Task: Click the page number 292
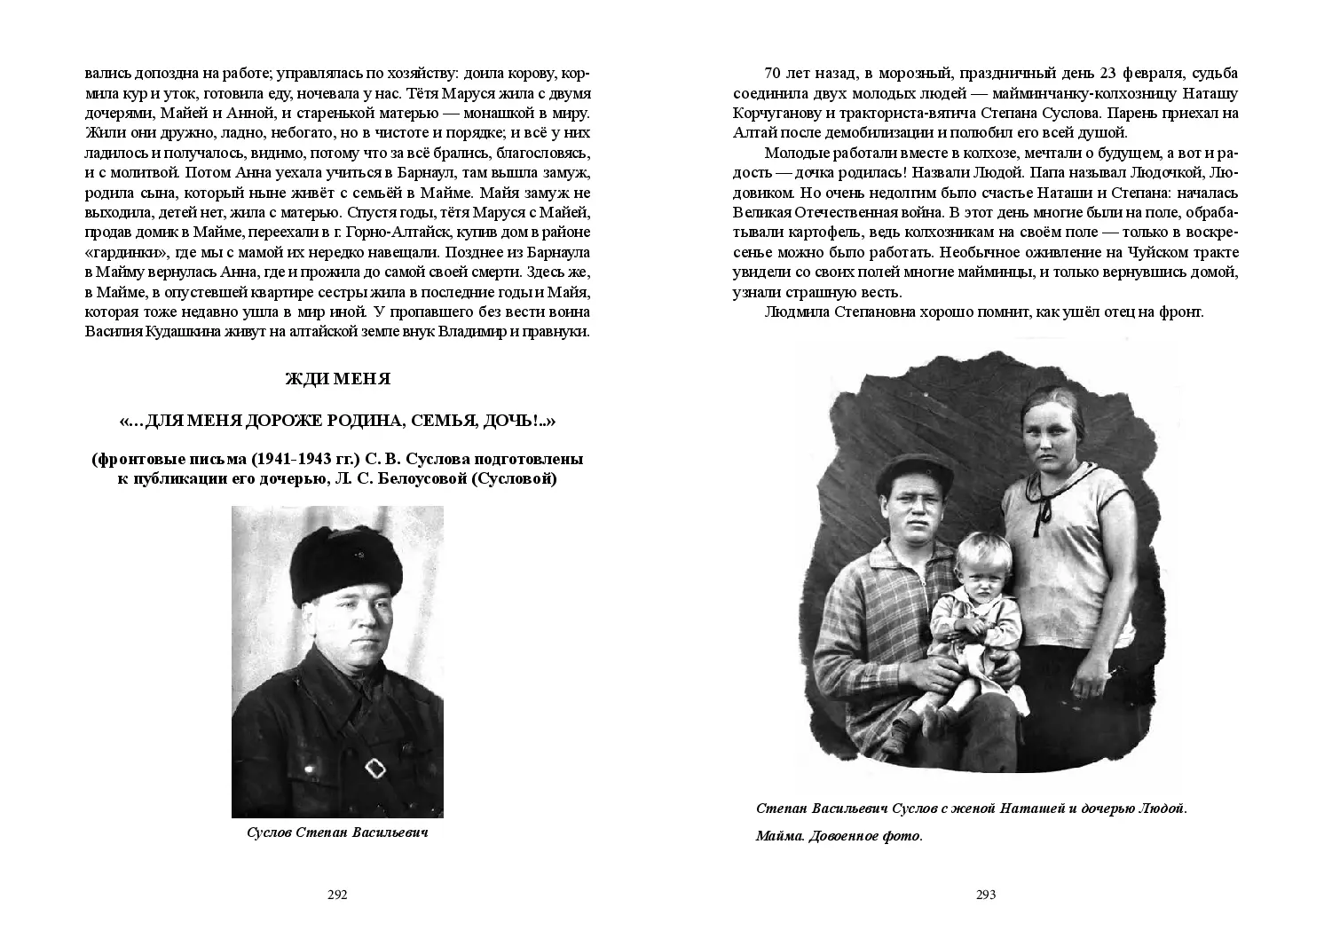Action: [x=337, y=895]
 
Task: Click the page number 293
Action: [x=986, y=895]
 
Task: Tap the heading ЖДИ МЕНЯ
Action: [x=337, y=379]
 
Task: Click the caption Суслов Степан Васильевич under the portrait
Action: [x=337, y=834]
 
